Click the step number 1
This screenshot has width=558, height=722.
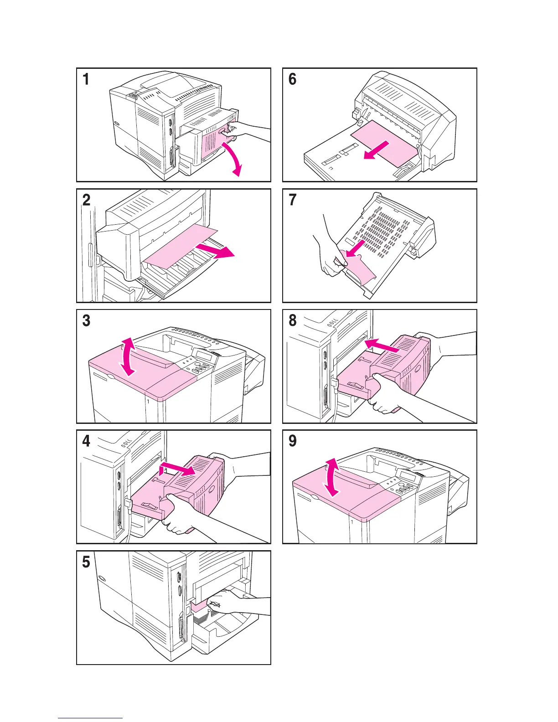coord(86,79)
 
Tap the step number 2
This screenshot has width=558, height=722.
coord(87,200)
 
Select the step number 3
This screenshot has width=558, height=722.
coord(87,320)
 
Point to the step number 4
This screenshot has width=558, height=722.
coord(87,441)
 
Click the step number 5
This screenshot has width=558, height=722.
coord(87,562)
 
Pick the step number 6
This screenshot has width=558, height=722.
coord(293,79)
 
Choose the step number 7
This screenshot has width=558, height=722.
coord(293,200)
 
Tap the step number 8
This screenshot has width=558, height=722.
coord(293,320)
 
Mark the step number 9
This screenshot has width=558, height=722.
coord(293,441)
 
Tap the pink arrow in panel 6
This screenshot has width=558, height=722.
coord(376,150)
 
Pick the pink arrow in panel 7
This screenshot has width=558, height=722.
coord(355,249)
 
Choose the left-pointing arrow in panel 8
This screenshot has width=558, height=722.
coord(382,346)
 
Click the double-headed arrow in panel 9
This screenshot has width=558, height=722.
coord(332,477)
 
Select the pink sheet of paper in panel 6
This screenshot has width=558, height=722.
coord(383,144)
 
